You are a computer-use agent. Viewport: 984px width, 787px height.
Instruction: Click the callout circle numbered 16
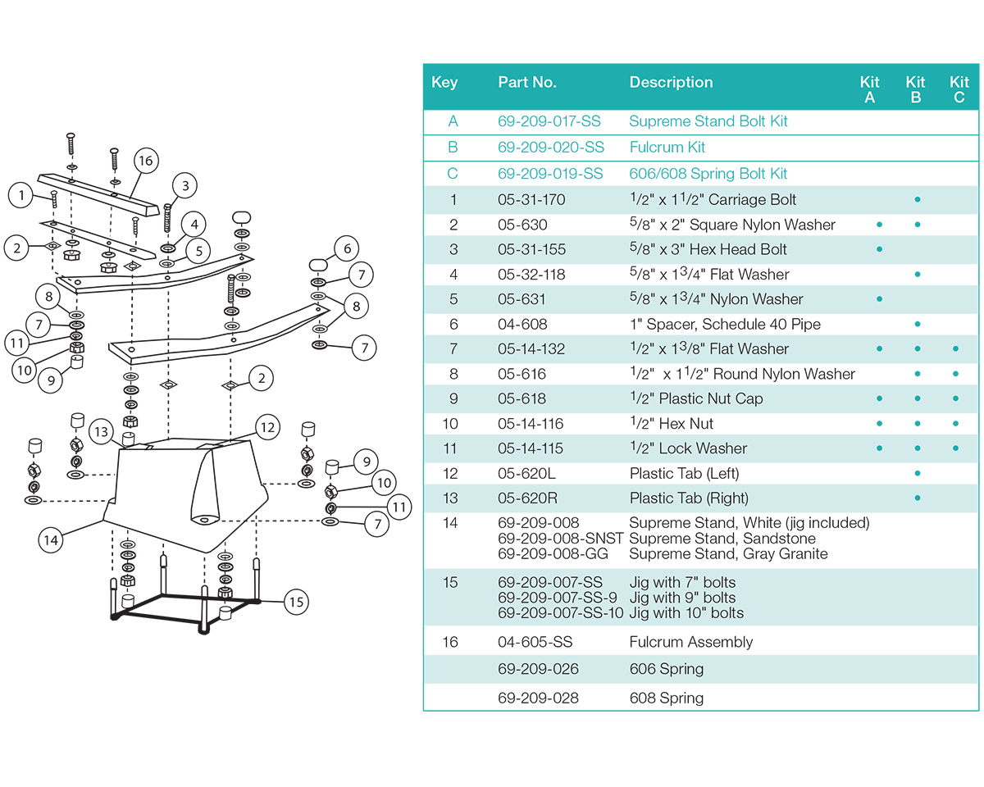145,161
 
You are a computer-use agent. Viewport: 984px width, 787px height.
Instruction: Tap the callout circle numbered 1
20,195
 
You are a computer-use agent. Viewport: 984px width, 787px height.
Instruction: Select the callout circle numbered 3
185,186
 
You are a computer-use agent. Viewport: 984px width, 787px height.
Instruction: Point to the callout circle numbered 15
296,603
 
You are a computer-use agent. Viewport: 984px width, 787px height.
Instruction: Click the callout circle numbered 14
52,539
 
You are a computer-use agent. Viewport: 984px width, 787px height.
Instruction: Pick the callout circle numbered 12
267,427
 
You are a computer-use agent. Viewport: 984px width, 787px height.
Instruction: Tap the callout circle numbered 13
101,432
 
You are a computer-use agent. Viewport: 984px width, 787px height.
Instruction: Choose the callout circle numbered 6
347,248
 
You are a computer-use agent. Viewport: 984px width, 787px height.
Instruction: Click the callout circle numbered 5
198,250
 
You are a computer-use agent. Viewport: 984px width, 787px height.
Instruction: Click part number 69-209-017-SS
549,121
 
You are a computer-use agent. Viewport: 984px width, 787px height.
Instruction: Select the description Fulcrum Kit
667,148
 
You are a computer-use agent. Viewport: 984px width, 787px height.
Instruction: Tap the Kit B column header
915,89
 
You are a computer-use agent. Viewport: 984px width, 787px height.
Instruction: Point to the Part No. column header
526,82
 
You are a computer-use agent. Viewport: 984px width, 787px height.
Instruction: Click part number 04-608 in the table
522,325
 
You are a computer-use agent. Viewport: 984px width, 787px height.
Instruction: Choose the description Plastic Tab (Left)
684,474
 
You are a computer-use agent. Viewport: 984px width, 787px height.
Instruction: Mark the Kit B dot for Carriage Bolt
917,199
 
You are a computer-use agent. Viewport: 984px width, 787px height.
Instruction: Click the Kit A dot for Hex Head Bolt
879,249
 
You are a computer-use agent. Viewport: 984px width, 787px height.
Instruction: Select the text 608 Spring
666,698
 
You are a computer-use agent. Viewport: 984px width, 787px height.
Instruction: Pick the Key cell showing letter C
453,174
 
